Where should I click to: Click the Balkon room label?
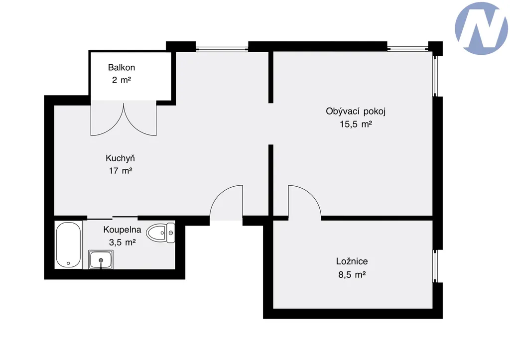[122, 67]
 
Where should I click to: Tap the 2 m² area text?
[122, 80]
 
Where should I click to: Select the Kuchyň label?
[120, 158]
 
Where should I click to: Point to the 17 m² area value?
[121, 171]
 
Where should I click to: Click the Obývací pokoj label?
[356, 112]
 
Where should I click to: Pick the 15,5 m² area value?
[356, 124]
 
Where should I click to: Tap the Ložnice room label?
[352, 261]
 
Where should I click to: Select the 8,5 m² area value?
[352, 275]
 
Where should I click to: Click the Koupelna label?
[123, 230]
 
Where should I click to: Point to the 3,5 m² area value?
[123, 242]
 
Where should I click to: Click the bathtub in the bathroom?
[68, 245]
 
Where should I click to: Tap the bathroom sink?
[101, 260]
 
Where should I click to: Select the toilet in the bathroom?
[161, 233]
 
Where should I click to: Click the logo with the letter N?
[482, 28]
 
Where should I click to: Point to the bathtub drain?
[68, 263]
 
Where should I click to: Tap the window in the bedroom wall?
[435, 266]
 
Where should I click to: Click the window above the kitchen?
[222, 49]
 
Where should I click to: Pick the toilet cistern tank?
[171, 233]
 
